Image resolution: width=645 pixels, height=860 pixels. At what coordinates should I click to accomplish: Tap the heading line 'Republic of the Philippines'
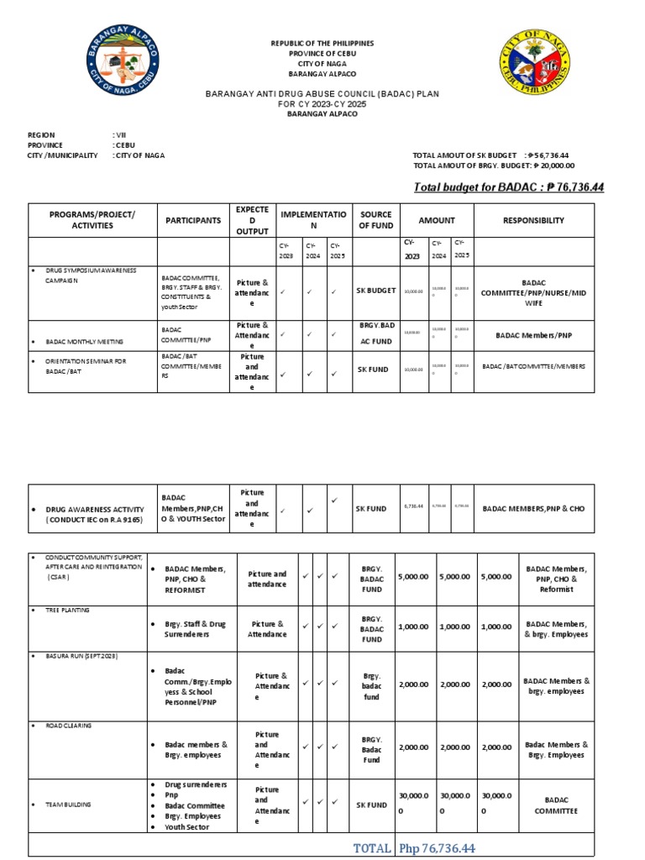(322, 43)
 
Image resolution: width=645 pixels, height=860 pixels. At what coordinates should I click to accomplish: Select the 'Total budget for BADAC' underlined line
(508, 186)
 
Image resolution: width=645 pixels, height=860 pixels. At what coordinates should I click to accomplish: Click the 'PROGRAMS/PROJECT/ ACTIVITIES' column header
(92, 220)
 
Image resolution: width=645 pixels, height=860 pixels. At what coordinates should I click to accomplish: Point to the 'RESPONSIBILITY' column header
(533, 220)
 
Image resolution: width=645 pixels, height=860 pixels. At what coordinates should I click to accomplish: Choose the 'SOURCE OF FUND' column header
(375, 220)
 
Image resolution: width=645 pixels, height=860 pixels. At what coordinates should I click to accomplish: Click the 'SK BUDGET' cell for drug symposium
(375, 291)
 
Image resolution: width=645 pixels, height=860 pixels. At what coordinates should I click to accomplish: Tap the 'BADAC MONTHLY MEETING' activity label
(84, 342)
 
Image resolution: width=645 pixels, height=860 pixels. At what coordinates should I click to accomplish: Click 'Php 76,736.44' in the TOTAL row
(437, 848)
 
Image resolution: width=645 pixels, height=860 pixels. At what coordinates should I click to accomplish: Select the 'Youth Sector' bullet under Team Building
(192, 827)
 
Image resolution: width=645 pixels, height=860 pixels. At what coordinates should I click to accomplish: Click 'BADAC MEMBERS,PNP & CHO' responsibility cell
(533, 508)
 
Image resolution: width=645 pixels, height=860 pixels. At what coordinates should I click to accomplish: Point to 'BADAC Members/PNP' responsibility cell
(533, 335)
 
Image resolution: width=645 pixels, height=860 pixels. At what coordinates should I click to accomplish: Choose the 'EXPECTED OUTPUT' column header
(253, 220)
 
